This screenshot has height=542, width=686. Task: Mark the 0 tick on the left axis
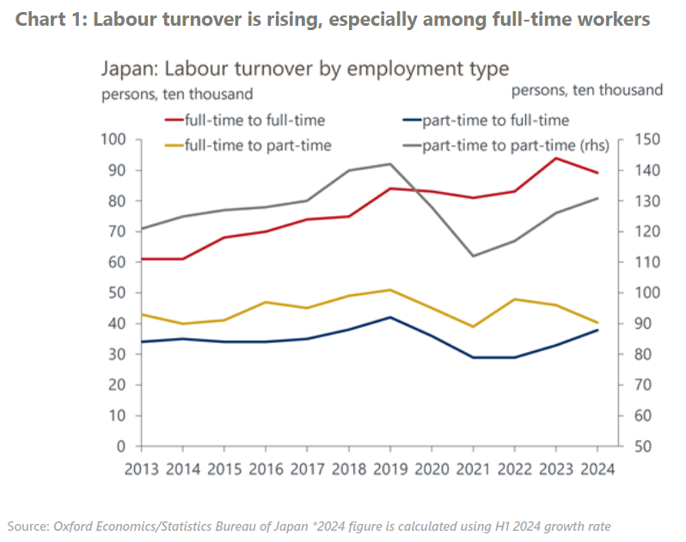pyautogui.click(x=121, y=447)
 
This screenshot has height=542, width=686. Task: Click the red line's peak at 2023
pyautogui.click(x=556, y=157)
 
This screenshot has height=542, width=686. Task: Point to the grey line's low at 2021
pyautogui.click(x=473, y=256)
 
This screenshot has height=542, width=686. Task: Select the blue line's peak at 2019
pyautogui.click(x=389, y=317)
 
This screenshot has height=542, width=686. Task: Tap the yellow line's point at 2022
pyautogui.click(x=514, y=299)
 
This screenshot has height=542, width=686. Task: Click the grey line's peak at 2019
pyautogui.click(x=389, y=163)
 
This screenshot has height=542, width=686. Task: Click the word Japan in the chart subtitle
pyautogui.click(x=129, y=69)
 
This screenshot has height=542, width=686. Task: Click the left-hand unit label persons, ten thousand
pyautogui.click(x=177, y=93)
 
